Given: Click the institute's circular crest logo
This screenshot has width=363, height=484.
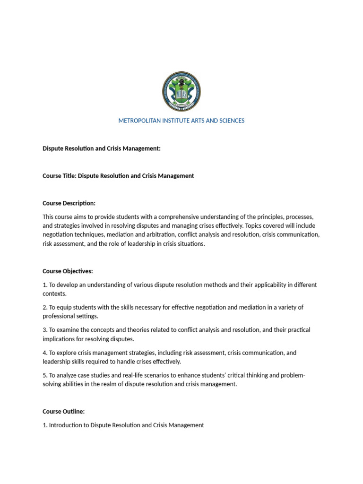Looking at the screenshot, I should point(181,92).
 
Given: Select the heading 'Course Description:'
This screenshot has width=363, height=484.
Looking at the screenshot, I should point(69,203).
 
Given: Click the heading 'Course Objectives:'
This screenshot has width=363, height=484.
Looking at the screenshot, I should point(68,271).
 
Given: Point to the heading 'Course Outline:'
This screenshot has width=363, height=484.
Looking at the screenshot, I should point(64,411).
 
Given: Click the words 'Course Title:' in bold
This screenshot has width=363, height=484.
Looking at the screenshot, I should point(60,176).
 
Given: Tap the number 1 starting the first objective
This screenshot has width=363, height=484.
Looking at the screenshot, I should point(44,285).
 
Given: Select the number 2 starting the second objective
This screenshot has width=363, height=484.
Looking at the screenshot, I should point(44,307).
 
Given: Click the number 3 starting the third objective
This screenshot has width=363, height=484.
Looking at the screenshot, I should point(44,330).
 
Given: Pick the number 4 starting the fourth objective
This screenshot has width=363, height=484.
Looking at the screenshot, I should point(44,353).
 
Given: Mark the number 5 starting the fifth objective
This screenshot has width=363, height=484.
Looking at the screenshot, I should point(44,375).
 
